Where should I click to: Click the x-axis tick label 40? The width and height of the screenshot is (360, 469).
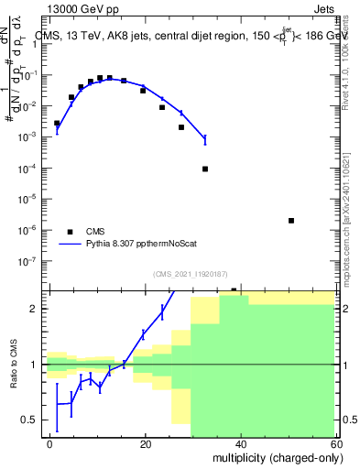(x=241, y=443)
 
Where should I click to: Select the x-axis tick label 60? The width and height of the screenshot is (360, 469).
(x=335, y=443)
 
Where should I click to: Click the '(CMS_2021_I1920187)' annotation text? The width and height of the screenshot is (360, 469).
(x=190, y=273)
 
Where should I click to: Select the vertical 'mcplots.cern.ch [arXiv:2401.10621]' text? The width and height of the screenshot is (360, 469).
(x=348, y=202)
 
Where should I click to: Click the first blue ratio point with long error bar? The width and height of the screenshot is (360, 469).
(x=57, y=403)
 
